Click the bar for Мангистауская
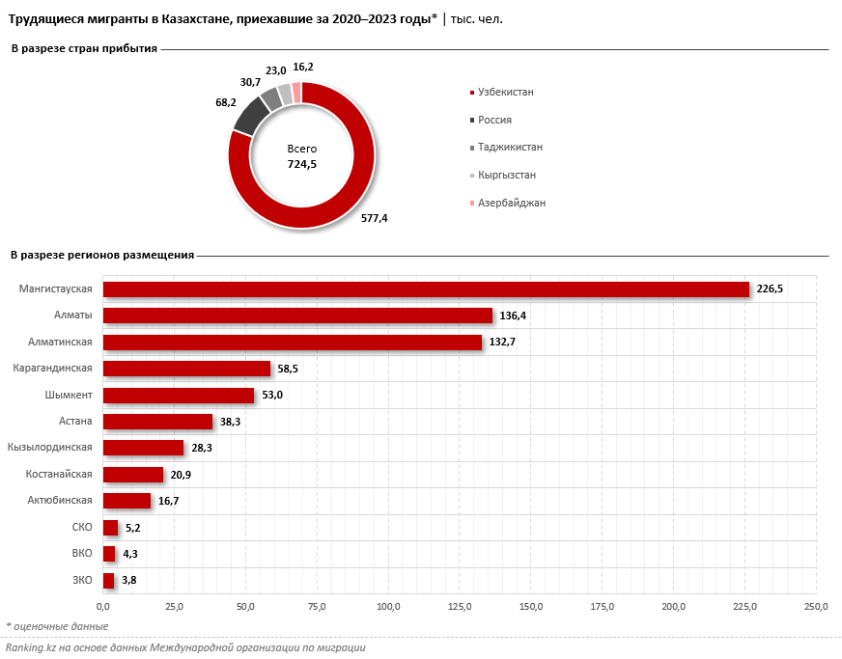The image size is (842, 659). click(426, 289)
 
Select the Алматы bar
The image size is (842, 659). click(297, 316)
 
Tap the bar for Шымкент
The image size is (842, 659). click(179, 396)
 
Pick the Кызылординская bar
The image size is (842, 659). click(143, 448)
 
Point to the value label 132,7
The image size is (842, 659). click(502, 343)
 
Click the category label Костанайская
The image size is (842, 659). click(60, 474)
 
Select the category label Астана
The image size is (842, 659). click(75, 421)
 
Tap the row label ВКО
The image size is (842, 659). click(82, 553)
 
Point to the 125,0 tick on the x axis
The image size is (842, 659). click(460, 606)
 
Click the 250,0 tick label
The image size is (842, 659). click(816, 606)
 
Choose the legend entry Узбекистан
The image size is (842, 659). click(505, 92)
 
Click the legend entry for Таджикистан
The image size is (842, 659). click(509, 147)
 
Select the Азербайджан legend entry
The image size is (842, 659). click(511, 203)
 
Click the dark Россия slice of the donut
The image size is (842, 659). click(250, 116)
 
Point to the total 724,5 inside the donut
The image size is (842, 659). click(302, 165)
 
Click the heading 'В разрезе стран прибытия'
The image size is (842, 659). click(83, 48)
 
